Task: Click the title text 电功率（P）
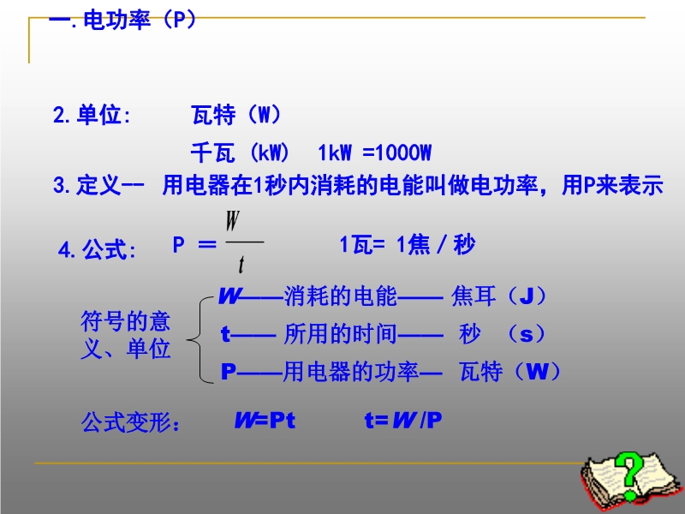140,20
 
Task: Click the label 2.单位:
92,115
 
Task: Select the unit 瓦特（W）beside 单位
236,115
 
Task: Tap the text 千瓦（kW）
241,152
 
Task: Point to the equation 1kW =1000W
375,153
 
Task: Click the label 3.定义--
98,185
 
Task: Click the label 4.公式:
97,249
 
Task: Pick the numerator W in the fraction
233,221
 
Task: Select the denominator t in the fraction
241,265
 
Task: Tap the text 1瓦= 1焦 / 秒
408,244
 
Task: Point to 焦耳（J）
499,296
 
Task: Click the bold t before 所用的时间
225,334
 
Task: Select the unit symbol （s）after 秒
527,334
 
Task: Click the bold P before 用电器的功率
228,372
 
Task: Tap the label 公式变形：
131,422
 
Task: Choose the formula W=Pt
265,421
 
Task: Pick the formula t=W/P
403,421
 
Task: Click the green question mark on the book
629,475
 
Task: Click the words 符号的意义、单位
126,335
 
